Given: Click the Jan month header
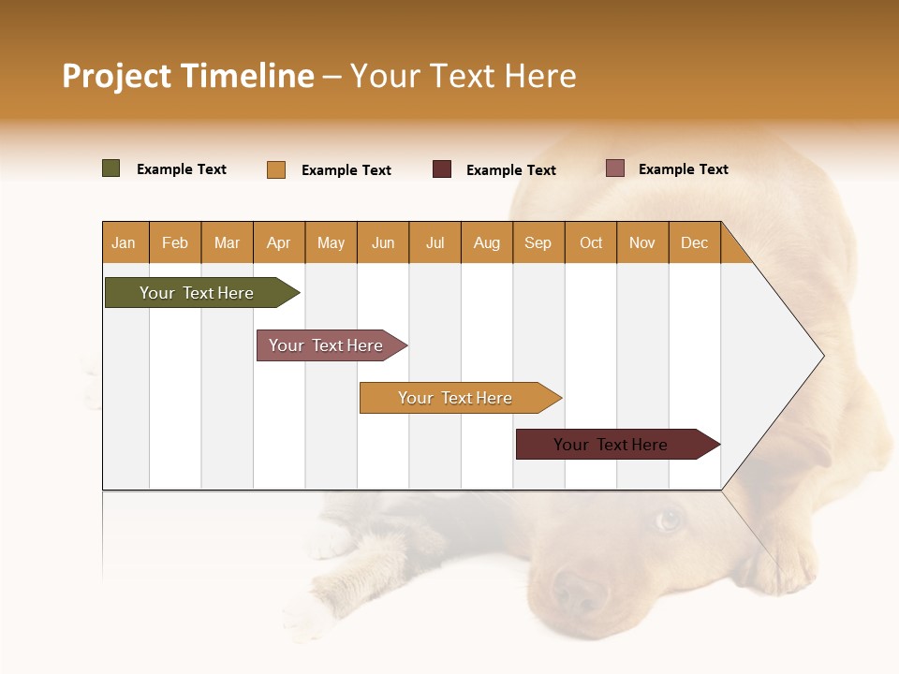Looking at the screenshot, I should [x=124, y=242].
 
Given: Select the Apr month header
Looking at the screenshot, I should [x=278, y=242].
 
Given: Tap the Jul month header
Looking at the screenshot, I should [x=435, y=242].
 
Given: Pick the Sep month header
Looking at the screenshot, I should [x=538, y=242].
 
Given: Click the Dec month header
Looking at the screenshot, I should [x=694, y=242].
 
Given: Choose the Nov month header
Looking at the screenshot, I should [x=641, y=242].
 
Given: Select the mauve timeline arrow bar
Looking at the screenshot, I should [x=328, y=345].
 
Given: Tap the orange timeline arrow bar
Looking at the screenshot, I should [x=457, y=398].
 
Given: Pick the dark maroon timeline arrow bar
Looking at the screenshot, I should [x=613, y=445].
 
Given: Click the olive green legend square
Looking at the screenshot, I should [x=111, y=168].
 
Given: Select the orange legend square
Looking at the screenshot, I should [x=276, y=169].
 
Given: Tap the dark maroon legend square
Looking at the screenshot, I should [x=442, y=168].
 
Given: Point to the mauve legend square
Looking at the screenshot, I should [x=615, y=168].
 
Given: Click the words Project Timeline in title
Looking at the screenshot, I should [x=187, y=76].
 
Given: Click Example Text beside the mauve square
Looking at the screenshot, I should [x=683, y=168].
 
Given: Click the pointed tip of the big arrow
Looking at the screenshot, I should [x=822, y=355].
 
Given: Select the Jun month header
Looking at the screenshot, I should [x=382, y=242].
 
